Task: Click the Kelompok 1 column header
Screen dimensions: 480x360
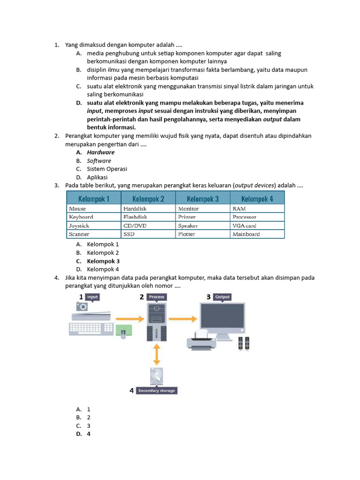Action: click(93, 199)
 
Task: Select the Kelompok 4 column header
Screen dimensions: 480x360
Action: click(257, 199)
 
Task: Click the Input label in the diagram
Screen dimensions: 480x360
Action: click(92, 297)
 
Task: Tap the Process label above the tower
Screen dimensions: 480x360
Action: click(156, 297)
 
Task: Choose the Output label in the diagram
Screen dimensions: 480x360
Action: click(222, 297)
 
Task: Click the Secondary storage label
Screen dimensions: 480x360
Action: click(157, 390)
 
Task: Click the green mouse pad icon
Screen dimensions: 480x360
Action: click(124, 332)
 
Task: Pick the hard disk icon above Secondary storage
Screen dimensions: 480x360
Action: click(157, 376)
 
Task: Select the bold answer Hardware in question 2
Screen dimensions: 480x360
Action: click(100, 152)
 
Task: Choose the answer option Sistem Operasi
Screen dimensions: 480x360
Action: click(107, 169)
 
